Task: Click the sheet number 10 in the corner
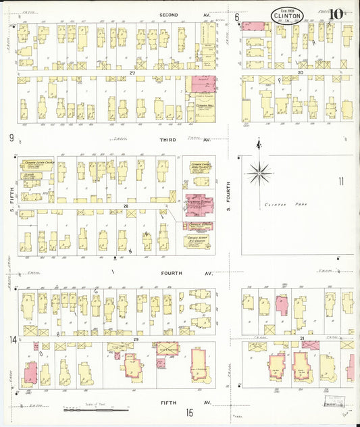pos(335,14)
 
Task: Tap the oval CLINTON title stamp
pos(287,16)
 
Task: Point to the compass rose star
pos(259,174)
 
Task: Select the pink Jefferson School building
pos(199,202)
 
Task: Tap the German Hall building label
pos(201,107)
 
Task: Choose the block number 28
pos(126,205)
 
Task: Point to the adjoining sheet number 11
pos(341,180)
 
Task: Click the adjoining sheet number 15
pos(190,412)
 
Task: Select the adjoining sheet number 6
pos(237,16)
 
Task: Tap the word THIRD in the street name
pos(168,139)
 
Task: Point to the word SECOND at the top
pos(169,14)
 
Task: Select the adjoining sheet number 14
pos(11,339)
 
